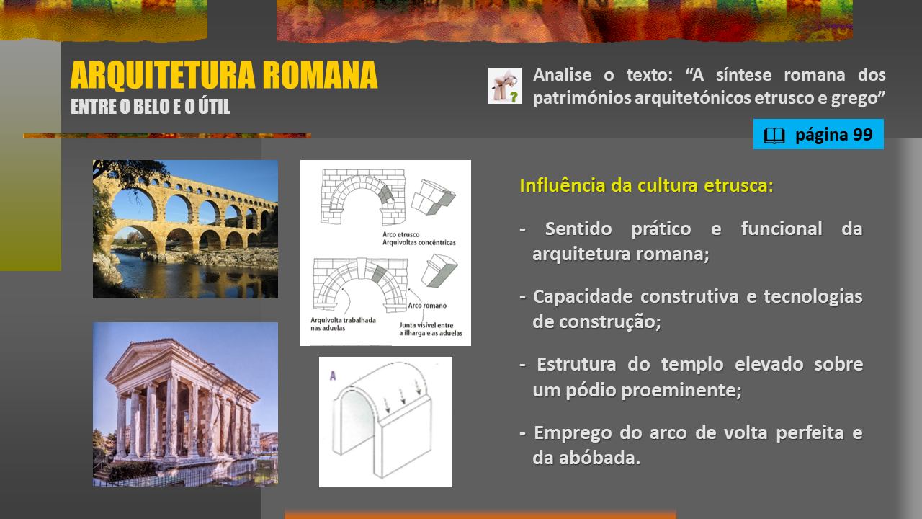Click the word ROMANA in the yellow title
click(x=320, y=75)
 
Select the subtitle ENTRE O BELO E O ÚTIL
click(x=151, y=106)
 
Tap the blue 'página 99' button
click(x=818, y=134)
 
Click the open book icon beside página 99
click(x=774, y=136)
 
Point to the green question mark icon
click(x=514, y=97)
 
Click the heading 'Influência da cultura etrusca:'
click(x=647, y=185)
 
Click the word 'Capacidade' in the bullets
click(x=583, y=296)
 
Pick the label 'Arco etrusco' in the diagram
click(x=401, y=234)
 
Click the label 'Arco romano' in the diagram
click(x=427, y=306)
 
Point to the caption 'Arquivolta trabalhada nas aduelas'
click(x=344, y=324)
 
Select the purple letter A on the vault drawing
click(x=333, y=376)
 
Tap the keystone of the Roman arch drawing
click(x=362, y=269)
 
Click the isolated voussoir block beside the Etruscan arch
click(x=433, y=198)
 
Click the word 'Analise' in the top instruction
click(x=563, y=75)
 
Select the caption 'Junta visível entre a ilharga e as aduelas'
click(x=431, y=329)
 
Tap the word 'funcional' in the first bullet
click(x=782, y=229)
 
